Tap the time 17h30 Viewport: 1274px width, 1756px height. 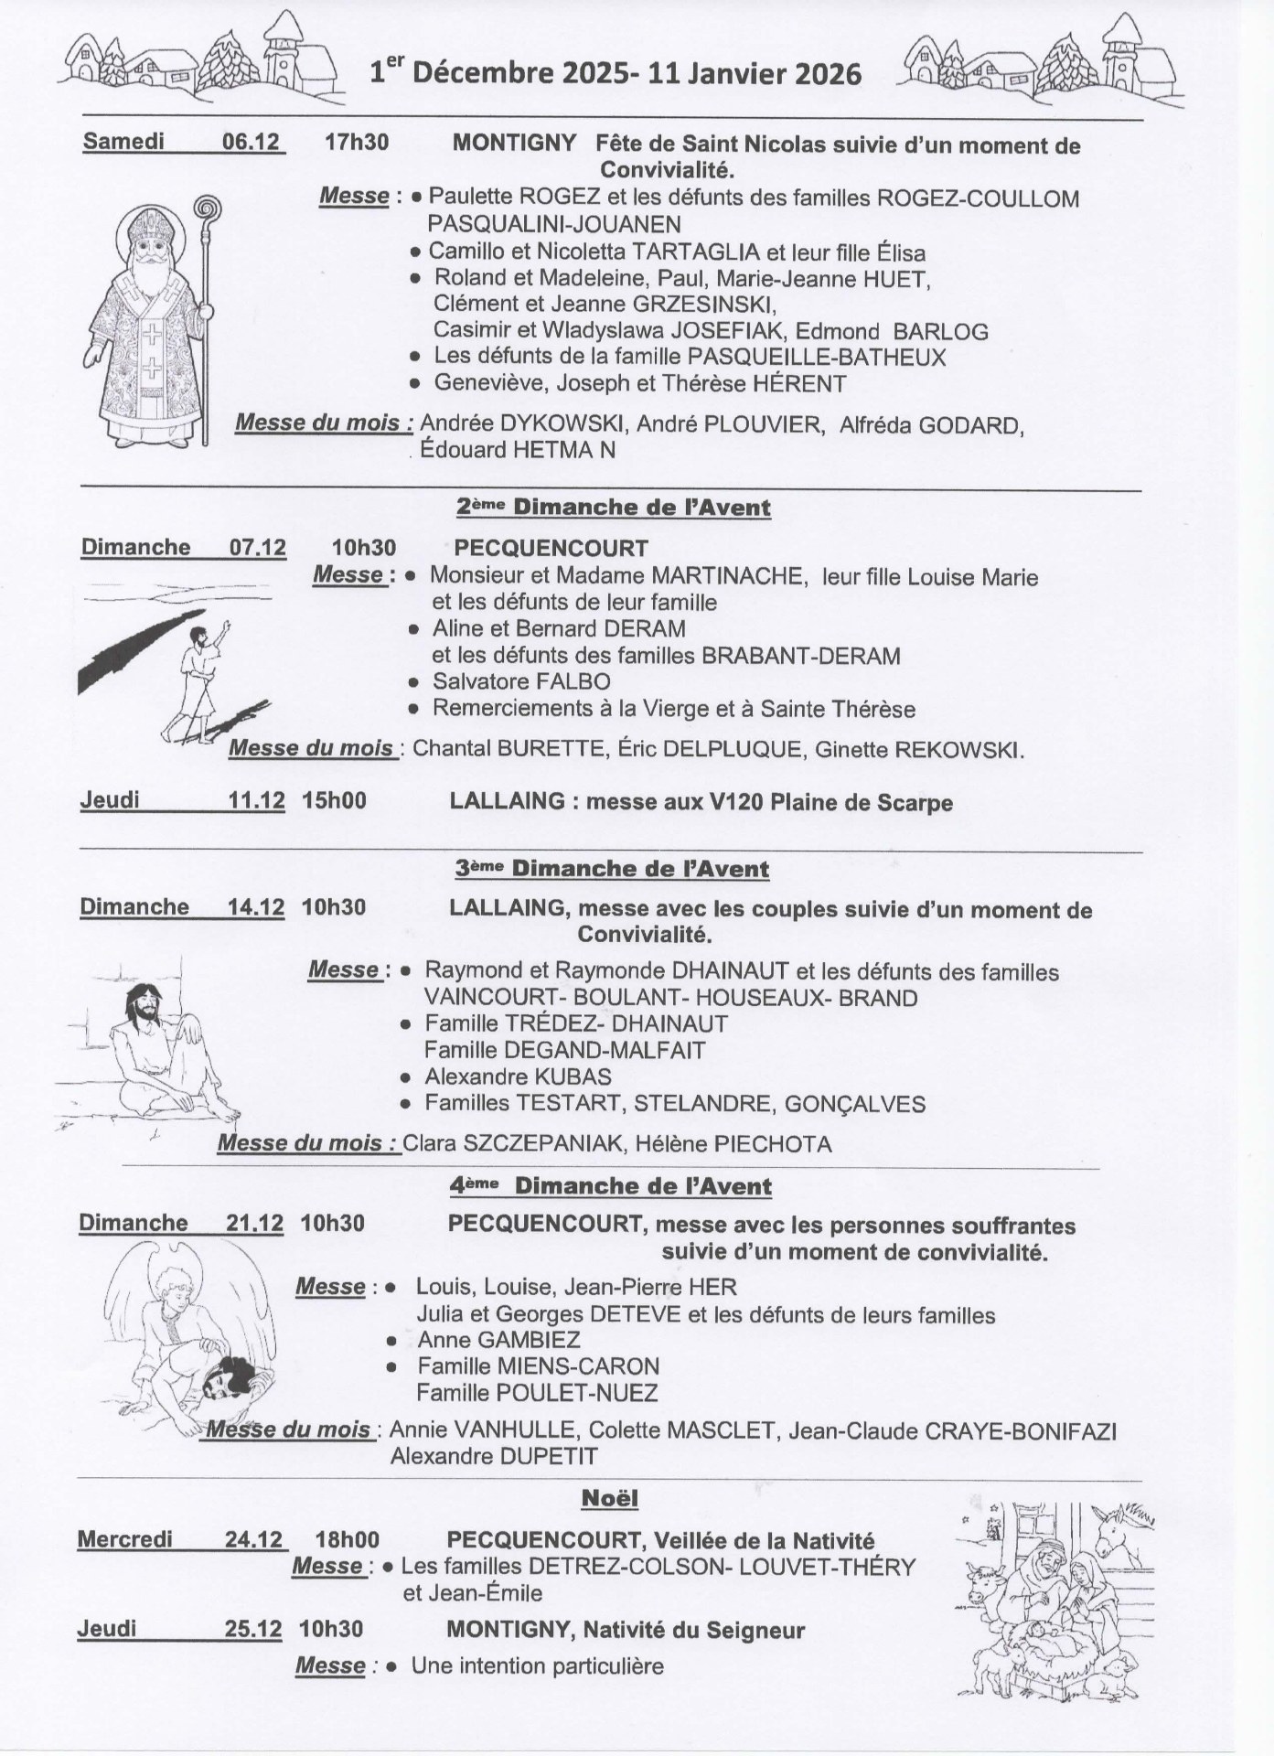click(357, 142)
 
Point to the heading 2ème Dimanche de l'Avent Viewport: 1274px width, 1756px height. click(613, 508)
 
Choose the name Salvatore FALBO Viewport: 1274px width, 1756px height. click(521, 681)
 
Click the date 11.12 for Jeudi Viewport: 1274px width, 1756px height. click(256, 801)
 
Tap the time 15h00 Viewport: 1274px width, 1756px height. click(335, 801)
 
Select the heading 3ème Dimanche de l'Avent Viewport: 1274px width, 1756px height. click(612, 869)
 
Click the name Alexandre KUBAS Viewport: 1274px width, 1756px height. click(518, 1076)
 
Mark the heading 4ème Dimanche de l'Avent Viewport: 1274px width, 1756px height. click(611, 1186)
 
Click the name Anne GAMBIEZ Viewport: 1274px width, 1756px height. click(498, 1340)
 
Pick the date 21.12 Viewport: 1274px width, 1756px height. click(255, 1224)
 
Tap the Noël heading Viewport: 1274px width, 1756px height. click(610, 1499)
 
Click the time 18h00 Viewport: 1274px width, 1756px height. click(348, 1540)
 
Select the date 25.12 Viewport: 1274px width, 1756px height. click(253, 1629)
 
